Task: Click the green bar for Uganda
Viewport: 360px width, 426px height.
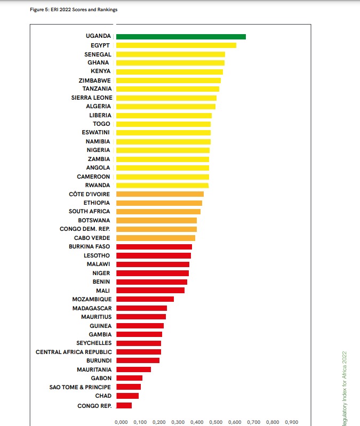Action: [181, 36]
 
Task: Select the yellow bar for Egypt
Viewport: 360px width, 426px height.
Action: [176, 45]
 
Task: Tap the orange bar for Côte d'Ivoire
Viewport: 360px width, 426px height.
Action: [160, 194]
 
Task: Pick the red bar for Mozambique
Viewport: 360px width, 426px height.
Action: [145, 299]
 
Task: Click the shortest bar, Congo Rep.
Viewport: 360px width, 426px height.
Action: [124, 405]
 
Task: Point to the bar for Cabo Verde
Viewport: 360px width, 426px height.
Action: [156, 238]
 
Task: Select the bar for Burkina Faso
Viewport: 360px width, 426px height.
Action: [154, 247]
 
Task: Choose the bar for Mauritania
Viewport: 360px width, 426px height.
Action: [133, 369]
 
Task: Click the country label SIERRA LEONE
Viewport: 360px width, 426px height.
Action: [91, 98]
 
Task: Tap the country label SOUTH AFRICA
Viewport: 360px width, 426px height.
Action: [89, 212]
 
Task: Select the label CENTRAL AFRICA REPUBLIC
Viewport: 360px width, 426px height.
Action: [74, 352]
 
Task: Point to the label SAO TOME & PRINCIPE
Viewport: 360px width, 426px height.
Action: [80, 387]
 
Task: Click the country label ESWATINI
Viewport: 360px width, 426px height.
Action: [97, 133]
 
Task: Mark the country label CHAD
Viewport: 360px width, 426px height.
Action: [103, 396]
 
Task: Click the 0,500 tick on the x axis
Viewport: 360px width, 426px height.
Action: [215, 422]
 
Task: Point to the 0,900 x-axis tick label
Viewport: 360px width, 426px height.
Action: [291, 422]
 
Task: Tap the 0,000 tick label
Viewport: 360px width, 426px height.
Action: [121, 422]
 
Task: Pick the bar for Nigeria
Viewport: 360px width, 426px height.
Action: [163, 150]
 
